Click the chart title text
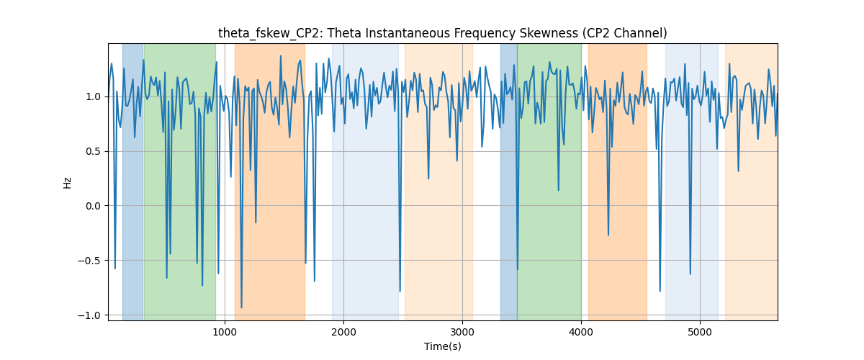click(442, 33)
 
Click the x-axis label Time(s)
click(442, 346)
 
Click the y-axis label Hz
click(68, 182)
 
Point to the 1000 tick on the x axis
click(225, 332)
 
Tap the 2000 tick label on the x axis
click(343, 332)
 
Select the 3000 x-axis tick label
click(462, 332)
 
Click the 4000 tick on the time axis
click(581, 332)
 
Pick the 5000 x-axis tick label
click(700, 332)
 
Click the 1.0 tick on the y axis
click(93, 97)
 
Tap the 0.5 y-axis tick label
click(93, 152)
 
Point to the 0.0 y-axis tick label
click(93, 206)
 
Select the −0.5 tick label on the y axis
click(89, 261)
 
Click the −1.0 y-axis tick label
click(89, 315)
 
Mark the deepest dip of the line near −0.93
click(241, 307)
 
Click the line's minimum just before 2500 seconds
click(400, 291)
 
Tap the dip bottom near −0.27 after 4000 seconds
click(608, 235)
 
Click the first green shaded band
click(180, 181)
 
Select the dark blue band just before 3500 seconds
click(509, 181)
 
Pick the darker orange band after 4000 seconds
click(618, 181)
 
